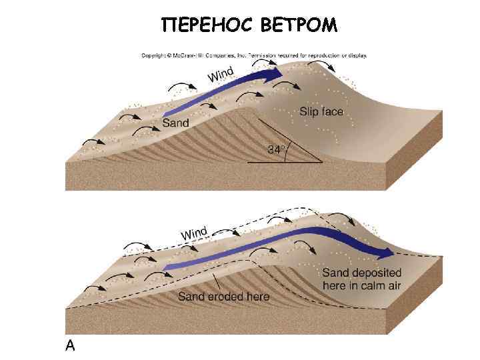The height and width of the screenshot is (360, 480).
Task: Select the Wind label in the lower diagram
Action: (x=194, y=234)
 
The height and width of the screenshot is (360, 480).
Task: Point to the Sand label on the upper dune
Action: (x=176, y=123)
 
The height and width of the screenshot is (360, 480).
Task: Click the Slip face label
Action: (x=321, y=111)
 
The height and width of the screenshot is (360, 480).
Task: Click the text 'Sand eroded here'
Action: (x=223, y=297)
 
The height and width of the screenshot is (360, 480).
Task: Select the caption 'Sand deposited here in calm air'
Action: (x=362, y=279)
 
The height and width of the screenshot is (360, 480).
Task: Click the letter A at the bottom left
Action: (x=70, y=345)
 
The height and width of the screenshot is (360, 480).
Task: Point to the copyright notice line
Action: (x=253, y=55)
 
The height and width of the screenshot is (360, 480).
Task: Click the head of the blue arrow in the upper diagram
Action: (x=276, y=71)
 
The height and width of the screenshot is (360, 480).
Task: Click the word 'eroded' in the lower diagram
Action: (x=226, y=297)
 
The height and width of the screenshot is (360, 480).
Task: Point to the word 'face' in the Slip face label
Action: (x=331, y=111)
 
